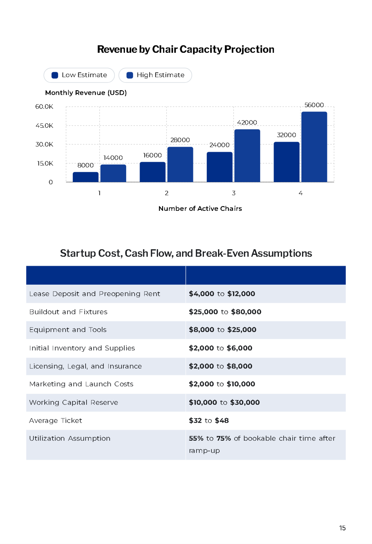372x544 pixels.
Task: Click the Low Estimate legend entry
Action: pyautogui.click(x=79, y=75)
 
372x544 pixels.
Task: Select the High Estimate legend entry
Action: pyautogui.click(x=155, y=75)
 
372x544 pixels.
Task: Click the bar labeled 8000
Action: pyautogui.click(x=86, y=177)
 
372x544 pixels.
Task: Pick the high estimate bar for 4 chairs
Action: pyautogui.click(x=314, y=147)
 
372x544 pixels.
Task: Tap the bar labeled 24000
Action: pyautogui.click(x=219, y=167)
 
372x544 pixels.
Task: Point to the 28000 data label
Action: pyautogui.click(x=180, y=140)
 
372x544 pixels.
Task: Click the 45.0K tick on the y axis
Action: pyautogui.click(x=44, y=126)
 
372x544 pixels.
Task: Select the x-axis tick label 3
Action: pyautogui.click(x=234, y=193)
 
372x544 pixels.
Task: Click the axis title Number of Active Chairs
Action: pyautogui.click(x=200, y=209)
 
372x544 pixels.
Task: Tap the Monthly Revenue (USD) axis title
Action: pyautogui.click(x=86, y=93)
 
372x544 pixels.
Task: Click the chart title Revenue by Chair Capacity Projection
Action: pyautogui.click(x=186, y=49)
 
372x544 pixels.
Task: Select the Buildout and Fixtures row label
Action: pyautogui.click(x=68, y=312)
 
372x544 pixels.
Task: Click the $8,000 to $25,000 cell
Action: pyautogui.click(x=223, y=330)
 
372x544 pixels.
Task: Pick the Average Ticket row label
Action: pyautogui.click(x=55, y=421)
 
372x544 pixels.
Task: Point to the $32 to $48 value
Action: pyautogui.click(x=209, y=421)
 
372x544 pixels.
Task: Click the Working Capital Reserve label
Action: pyautogui.click(x=73, y=402)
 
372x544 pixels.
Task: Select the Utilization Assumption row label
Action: pyautogui.click(x=70, y=438)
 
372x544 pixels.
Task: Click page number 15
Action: pyautogui.click(x=342, y=528)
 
